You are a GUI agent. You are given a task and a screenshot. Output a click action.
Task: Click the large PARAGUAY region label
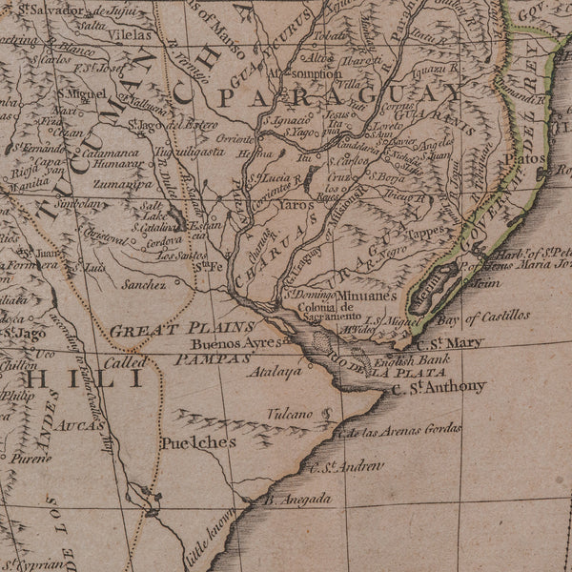point(338,96)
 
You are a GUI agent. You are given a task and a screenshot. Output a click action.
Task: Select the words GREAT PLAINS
point(161,330)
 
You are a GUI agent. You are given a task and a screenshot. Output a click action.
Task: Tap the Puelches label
point(197,443)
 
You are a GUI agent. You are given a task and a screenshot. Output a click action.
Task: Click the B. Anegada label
point(297,499)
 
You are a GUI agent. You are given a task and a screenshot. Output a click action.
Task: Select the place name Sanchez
point(144,284)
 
